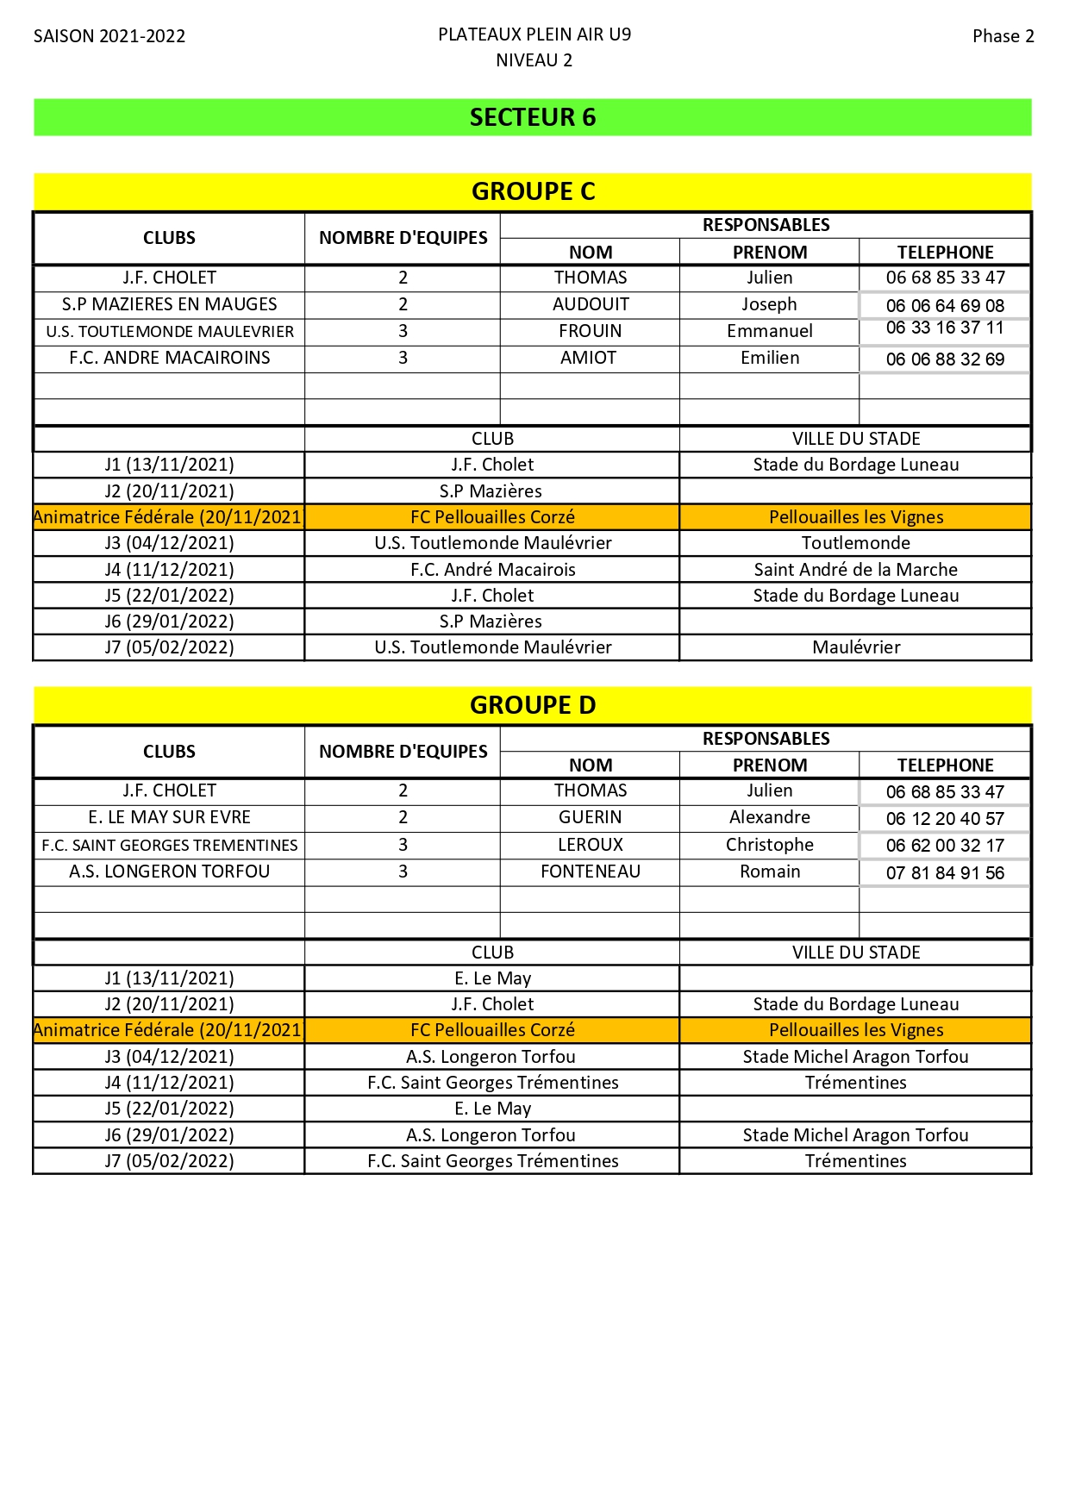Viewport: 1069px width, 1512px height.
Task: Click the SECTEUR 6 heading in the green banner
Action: click(533, 117)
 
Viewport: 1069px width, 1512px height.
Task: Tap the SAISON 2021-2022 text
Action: click(109, 36)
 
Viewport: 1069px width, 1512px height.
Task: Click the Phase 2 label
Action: click(1003, 36)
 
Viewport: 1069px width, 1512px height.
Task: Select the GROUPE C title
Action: click(533, 191)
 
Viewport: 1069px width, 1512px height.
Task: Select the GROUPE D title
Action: click(533, 705)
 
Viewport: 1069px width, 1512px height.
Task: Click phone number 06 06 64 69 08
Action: click(945, 306)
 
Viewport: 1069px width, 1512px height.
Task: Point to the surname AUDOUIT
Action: click(591, 304)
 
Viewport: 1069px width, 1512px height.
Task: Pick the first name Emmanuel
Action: click(769, 331)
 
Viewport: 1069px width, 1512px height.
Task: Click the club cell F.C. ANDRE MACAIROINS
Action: click(170, 358)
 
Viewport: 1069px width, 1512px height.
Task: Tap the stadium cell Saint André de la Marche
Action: click(855, 570)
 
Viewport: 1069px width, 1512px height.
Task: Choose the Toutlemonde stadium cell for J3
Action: click(855, 543)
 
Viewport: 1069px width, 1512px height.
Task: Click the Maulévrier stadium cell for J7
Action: click(855, 647)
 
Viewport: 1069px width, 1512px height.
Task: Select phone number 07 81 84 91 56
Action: click(945, 873)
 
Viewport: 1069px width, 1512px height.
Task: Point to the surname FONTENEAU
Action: click(591, 872)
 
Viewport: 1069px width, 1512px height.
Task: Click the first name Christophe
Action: click(769, 845)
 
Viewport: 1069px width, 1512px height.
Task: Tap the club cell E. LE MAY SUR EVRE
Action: click(170, 817)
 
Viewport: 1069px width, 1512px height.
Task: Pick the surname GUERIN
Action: click(591, 817)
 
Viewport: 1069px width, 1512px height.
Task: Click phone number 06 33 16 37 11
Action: click(945, 328)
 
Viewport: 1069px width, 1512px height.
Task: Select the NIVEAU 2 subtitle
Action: click(534, 60)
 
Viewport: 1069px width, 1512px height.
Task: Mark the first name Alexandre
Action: click(769, 817)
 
